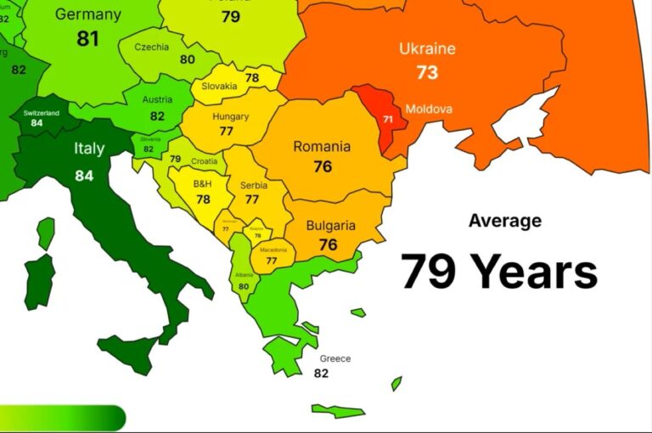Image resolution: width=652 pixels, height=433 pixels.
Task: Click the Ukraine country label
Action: coord(427,48)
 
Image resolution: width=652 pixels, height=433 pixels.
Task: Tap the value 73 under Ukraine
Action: coord(427,72)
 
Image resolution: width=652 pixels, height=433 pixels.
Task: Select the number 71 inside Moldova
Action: coord(388,120)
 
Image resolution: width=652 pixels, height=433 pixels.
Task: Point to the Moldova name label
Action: coord(429,109)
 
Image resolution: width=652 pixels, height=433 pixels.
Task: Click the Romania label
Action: coord(322,146)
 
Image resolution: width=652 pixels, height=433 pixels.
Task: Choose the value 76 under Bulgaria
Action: coord(328,245)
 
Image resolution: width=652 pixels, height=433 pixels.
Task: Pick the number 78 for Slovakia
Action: coord(252,78)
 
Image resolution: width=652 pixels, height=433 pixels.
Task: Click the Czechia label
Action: coord(151,47)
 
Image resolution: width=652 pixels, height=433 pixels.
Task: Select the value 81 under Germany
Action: coord(88,39)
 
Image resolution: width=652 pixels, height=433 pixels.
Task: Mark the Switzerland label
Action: coord(40,113)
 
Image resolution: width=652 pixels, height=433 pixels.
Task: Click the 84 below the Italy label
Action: coord(84,176)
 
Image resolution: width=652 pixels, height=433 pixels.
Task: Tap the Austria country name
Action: coord(157,100)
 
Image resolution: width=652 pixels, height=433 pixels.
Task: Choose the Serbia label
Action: coord(253,185)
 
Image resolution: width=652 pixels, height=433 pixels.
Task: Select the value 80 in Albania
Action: coord(244,286)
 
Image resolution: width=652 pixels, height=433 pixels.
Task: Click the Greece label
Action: coord(335,358)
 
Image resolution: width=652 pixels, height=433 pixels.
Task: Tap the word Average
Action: coord(504,221)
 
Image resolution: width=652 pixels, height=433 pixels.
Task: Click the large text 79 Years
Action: coord(499,272)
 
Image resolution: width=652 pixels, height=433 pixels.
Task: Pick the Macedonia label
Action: coord(273,250)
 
